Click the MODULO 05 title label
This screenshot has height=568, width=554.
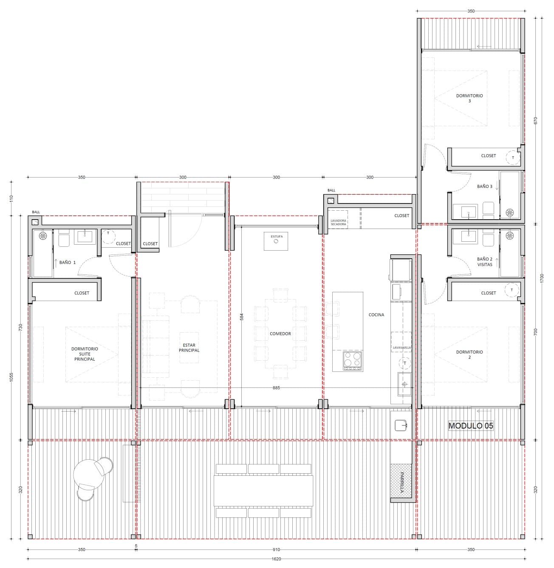pyautogui.click(x=471, y=426)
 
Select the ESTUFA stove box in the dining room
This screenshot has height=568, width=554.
pyautogui.click(x=276, y=241)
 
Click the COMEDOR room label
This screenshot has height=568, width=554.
pyautogui.click(x=280, y=333)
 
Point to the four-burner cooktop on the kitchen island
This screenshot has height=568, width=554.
pyautogui.click(x=353, y=361)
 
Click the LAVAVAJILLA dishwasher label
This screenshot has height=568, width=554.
pyautogui.click(x=401, y=348)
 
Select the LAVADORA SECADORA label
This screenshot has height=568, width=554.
pyautogui.click(x=338, y=223)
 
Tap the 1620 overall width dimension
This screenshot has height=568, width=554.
pyautogui.click(x=276, y=559)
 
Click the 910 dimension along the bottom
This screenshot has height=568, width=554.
pyautogui.click(x=276, y=550)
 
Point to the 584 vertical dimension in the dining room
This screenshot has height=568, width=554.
pyautogui.click(x=241, y=317)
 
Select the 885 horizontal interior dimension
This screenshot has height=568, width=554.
pyautogui.click(x=276, y=387)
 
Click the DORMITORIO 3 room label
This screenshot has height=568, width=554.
pyautogui.click(x=469, y=98)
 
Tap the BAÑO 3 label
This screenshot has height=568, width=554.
pyautogui.click(x=484, y=186)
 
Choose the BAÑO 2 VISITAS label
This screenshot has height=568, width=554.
pyautogui.click(x=484, y=262)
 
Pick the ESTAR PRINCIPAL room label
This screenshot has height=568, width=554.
pyautogui.click(x=189, y=348)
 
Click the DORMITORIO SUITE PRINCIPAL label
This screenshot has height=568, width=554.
pyautogui.click(x=85, y=354)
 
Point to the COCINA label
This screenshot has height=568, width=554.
pyautogui.click(x=376, y=315)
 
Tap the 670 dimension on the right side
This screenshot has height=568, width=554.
pyautogui.click(x=535, y=121)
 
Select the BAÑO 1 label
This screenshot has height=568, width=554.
pyautogui.click(x=68, y=263)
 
